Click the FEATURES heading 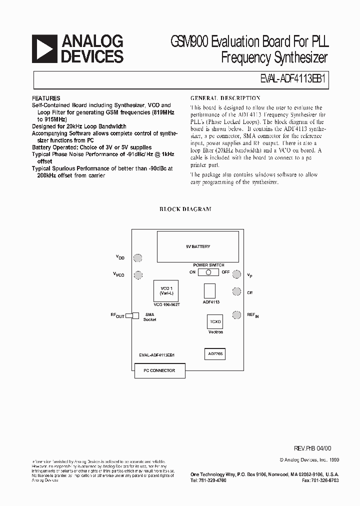coord(46,98)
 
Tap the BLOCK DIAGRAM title coord(185,209)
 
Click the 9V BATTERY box coord(197,246)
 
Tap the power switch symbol coord(208,272)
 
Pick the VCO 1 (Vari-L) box coord(166,291)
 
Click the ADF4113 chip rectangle coord(210,291)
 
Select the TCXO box coord(214,321)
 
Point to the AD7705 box coord(214,353)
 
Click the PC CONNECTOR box coord(159,370)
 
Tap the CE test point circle coord(236,292)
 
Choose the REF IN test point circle coord(236,314)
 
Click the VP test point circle coord(236,274)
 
